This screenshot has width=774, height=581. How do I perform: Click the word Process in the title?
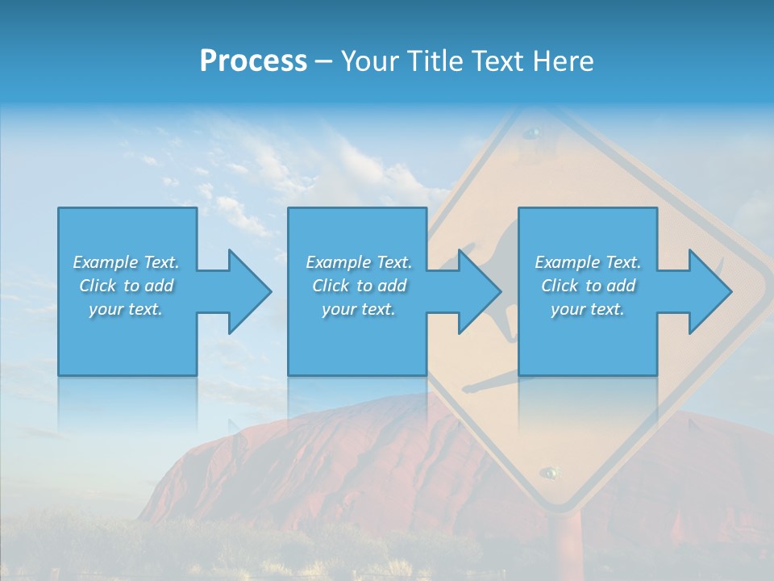tap(253, 61)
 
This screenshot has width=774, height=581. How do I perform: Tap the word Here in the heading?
tap(564, 61)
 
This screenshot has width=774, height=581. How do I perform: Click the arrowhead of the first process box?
tap(247, 291)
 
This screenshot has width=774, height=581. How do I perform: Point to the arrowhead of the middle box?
tap(477, 291)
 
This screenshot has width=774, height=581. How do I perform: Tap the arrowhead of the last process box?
tap(708, 291)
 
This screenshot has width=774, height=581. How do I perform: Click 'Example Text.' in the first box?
tap(126, 262)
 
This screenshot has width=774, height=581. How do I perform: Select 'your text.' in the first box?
tap(126, 309)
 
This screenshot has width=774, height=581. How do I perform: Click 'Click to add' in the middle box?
tap(359, 286)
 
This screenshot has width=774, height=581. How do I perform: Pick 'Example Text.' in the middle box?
tap(359, 262)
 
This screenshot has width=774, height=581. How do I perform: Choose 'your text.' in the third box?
tap(588, 309)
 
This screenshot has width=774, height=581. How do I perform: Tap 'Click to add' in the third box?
tap(588, 286)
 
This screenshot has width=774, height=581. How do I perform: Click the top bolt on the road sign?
tap(532, 132)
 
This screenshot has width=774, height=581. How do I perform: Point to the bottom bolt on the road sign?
tap(550, 471)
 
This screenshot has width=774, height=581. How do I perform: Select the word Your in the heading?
tap(370, 61)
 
